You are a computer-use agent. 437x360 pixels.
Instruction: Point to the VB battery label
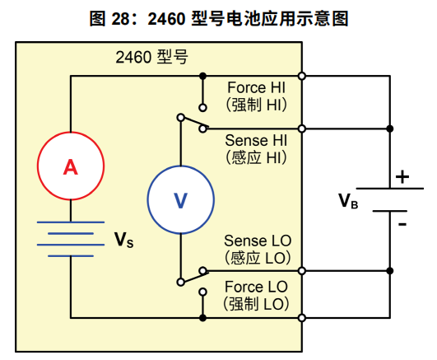[x=348, y=200]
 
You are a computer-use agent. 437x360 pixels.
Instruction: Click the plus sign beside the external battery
[x=402, y=176]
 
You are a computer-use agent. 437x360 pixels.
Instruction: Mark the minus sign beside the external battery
[x=402, y=222]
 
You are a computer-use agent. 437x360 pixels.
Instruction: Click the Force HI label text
[x=257, y=87]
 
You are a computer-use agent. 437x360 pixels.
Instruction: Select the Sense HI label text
[x=257, y=140]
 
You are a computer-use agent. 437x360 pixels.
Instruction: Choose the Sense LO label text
[x=258, y=241]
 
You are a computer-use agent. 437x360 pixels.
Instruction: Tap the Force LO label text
[x=258, y=288]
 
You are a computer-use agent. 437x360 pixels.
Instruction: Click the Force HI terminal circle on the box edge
[x=303, y=76]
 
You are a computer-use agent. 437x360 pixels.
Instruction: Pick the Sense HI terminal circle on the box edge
[x=303, y=128]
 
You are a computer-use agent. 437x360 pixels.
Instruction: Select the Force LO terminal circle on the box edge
[x=303, y=317]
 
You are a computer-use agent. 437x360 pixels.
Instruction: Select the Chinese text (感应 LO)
[x=258, y=257]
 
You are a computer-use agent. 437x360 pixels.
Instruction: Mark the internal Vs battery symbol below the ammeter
[x=70, y=240]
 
